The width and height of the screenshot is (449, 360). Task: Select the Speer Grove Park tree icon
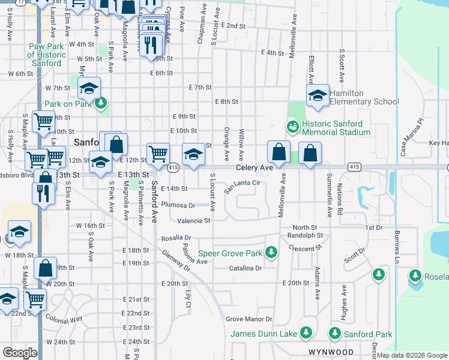(x=271, y=253)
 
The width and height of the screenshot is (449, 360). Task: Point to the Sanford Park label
(x=367, y=334)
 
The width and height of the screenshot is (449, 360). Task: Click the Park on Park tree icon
(x=101, y=103)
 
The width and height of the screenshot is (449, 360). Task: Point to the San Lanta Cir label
(x=242, y=187)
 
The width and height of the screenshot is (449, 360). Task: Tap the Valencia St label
(x=194, y=221)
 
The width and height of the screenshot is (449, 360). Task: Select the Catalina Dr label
(x=246, y=268)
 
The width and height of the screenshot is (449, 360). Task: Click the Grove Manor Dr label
(x=249, y=319)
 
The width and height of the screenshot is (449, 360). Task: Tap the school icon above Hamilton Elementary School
(x=318, y=95)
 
